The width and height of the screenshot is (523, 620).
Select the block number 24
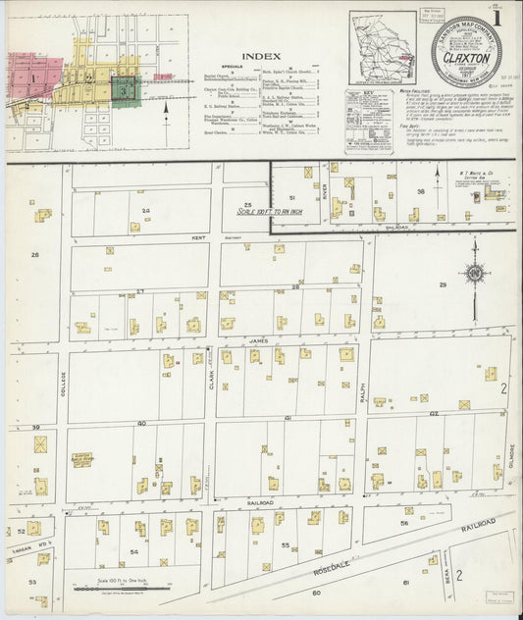point(145,211)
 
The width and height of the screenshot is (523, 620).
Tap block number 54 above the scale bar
point(134,552)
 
